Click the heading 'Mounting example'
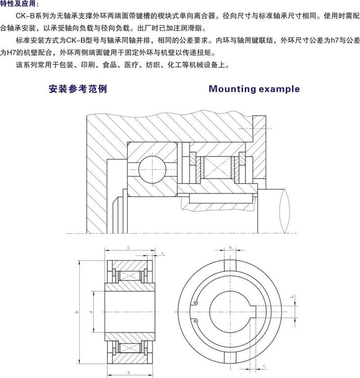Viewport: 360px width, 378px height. tap(254, 89)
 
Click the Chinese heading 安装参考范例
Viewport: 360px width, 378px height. tap(78, 89)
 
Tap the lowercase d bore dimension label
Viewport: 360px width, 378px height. tap(92, 312)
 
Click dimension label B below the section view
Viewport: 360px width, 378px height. tap(129, 373)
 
